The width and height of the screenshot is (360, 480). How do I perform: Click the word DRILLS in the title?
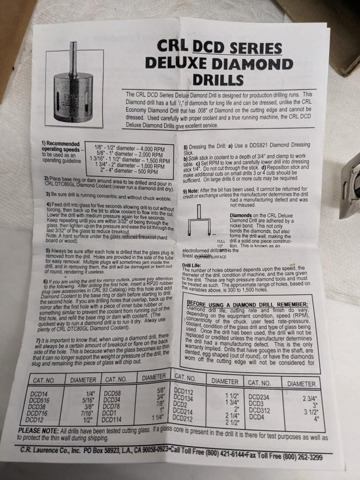pos(218,79)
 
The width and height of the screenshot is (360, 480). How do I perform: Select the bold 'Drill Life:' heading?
pos(192,265)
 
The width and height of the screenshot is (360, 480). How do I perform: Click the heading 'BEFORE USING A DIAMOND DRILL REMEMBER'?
pos(247,304)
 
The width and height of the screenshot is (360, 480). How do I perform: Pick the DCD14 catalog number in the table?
pos(40,394)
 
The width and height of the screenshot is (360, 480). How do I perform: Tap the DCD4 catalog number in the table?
pos(257,416)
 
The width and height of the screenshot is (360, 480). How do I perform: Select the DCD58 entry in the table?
pos(112,394)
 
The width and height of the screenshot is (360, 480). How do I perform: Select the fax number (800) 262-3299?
pos(296,456)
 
